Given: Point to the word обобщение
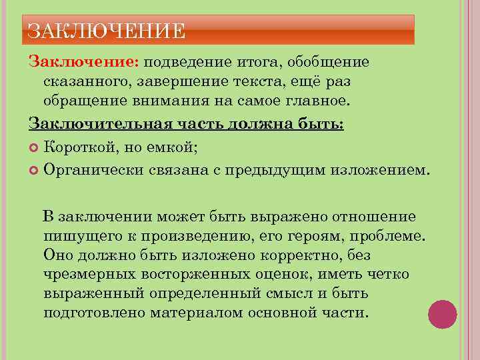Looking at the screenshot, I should click(330, 62).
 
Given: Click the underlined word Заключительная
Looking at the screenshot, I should click(97, 124).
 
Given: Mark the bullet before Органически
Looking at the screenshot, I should click(35, 170).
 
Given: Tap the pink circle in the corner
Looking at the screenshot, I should click(442, 315).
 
